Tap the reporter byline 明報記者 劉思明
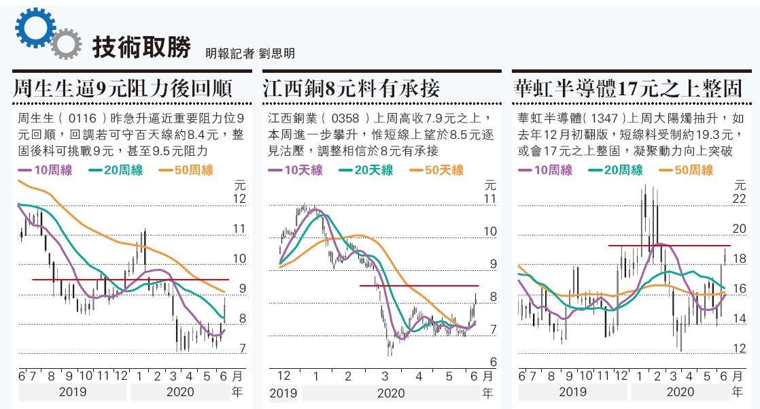tap(250, 52)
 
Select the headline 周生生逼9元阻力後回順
tap(124, 88)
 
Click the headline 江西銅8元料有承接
tap(351, 88)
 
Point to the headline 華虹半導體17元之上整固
tap(627, 88)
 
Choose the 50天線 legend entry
tap(435, 170)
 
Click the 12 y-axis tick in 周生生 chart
tap(239, 199)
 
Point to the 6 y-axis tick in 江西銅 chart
tap(494, 362)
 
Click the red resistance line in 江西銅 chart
tap(419, 286)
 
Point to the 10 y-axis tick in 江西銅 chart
tap(491, 231)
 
